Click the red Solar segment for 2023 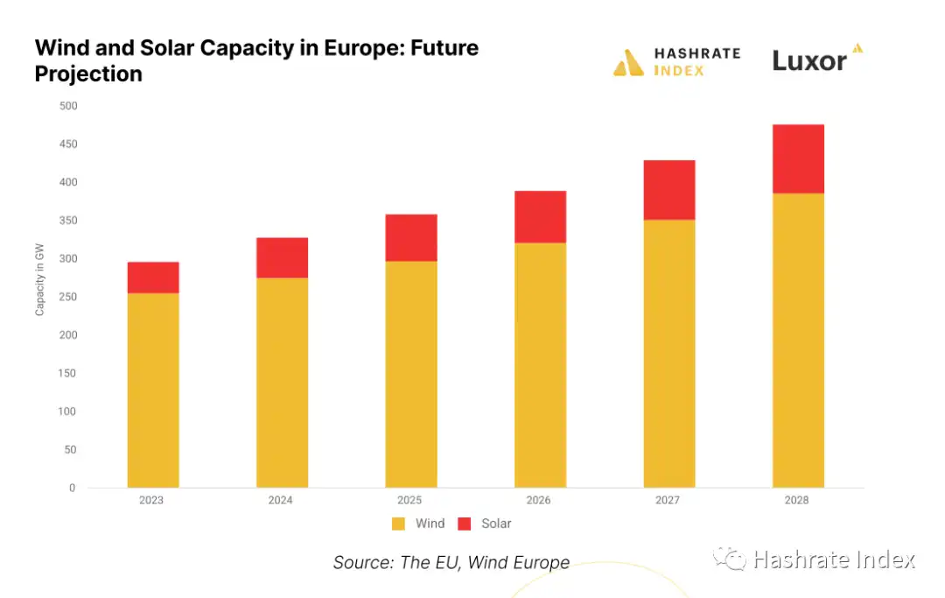point(153,278)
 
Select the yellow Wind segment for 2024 point(282,383)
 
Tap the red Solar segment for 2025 point(411,237)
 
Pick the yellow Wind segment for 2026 point(540,365)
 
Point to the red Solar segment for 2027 point(669,190)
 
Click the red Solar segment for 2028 point(798,158)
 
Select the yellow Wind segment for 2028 point(798,341)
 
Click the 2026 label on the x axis point(539,501)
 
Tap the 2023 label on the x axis point(151,501)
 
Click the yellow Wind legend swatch point(399,524)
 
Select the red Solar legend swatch point(465,524)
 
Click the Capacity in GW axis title point(40,280)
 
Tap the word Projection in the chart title point(88,74)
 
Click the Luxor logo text point(809,61)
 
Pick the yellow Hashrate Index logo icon point(628,62)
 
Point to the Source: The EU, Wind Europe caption point(451,563)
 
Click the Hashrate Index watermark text point(833,559)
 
